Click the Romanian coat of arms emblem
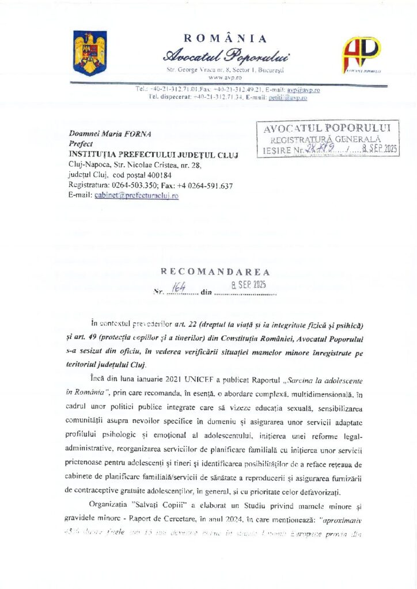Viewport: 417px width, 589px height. pos(90,53)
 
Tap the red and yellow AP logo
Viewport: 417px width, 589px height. pos(361,55)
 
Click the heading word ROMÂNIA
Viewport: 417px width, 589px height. pos(225,39)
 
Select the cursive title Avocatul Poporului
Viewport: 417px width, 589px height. pos(226,56)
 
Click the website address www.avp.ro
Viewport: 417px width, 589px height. pos(225,77)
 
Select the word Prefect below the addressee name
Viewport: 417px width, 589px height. pos(80,144)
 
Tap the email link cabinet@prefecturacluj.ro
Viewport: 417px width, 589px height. pos(136,196)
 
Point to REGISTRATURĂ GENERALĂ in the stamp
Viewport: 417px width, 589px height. pos(326,139)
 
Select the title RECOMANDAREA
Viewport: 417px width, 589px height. pos(214,271)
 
